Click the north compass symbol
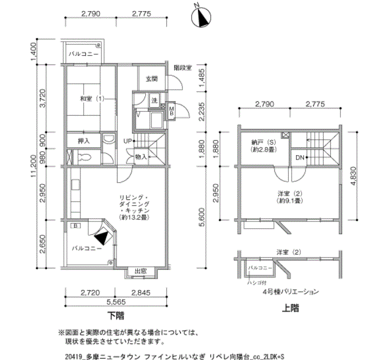pos(201,18)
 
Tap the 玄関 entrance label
pos(151,79)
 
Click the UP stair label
pos(127,141)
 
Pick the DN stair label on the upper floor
pos(299,158)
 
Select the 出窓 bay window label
pos(140,271)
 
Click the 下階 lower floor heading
pos(115,317)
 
